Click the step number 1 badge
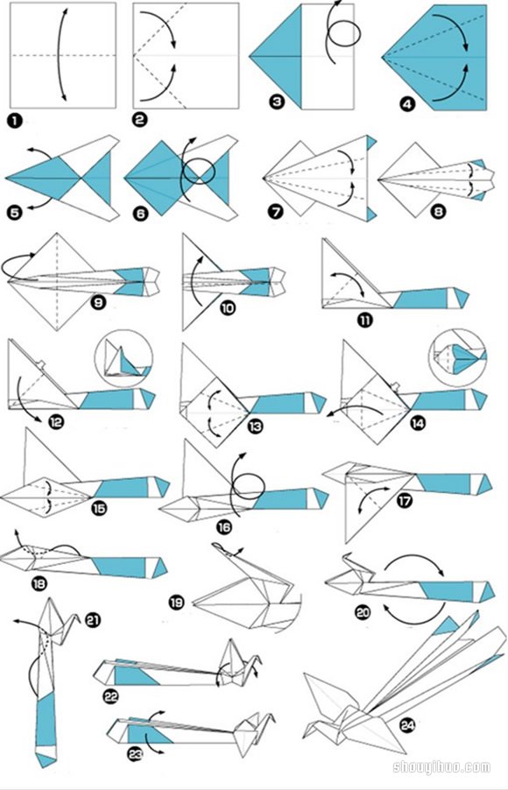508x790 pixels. point(15,121)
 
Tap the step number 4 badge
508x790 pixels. point(406,104)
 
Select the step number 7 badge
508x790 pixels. point(276,212)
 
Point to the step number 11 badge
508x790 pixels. point(365,320)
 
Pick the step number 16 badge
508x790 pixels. point(224,527)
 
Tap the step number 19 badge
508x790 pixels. point(176,602)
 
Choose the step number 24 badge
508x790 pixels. point(407,725)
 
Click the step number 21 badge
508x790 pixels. point(93,621)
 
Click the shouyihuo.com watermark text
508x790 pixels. point(441,767)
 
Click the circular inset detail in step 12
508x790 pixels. point(123,358)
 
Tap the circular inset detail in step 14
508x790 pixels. point(457,357)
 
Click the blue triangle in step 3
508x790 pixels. point(276,55)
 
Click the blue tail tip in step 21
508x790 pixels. point(46,758)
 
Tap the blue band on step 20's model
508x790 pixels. point(447,591)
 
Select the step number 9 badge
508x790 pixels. point(98,302)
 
